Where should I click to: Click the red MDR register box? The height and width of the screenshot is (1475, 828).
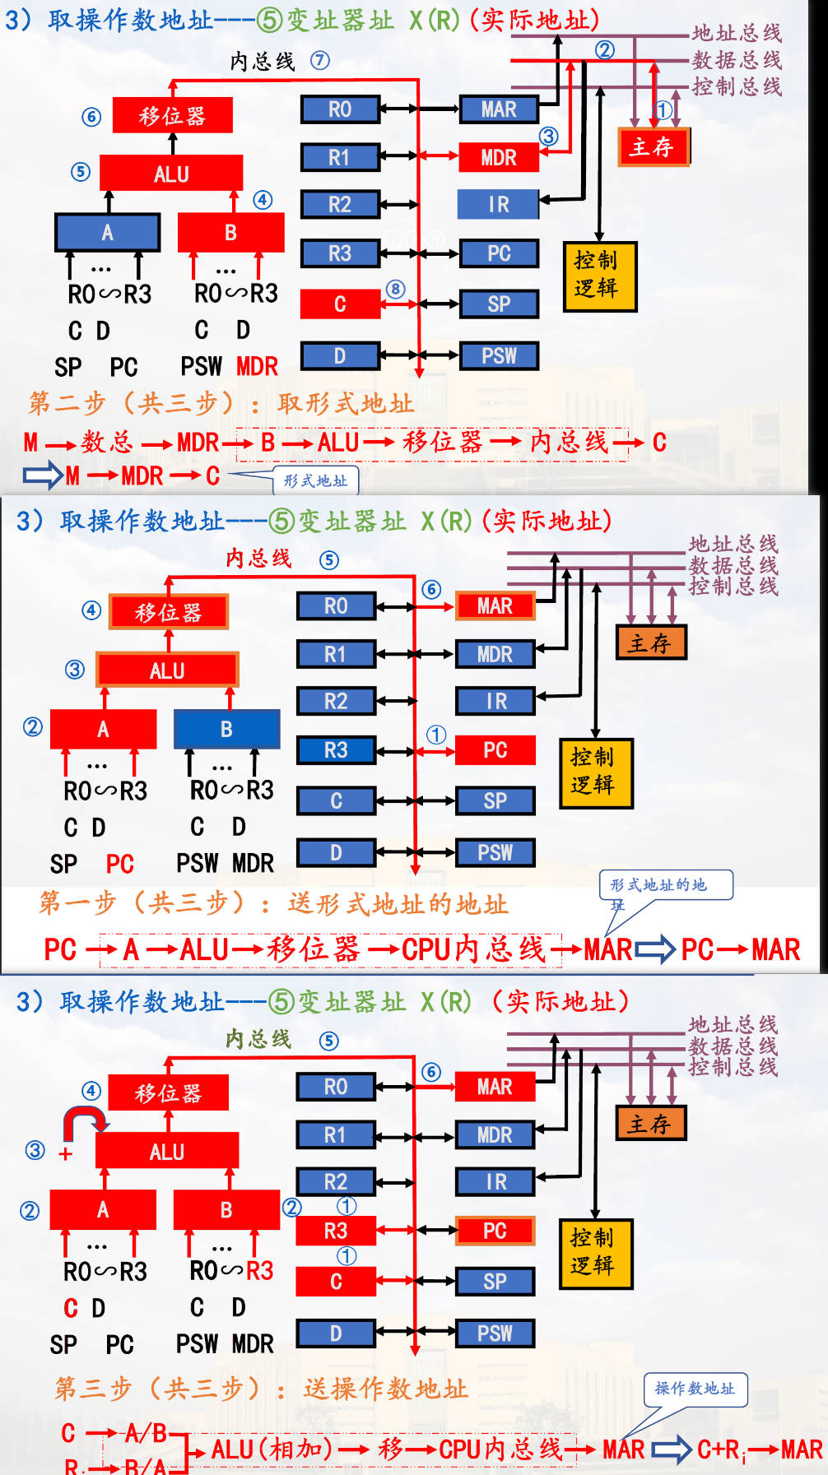click(498, 157)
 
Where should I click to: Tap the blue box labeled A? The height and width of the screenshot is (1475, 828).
click(107, 233)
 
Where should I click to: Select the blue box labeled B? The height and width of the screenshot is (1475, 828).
click(226, 730)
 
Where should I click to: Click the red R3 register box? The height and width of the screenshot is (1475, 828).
click(335, 1231)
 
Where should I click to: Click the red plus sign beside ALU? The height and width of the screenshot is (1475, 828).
click(66, 1153)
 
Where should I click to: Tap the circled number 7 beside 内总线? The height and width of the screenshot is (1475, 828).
click(320, 60)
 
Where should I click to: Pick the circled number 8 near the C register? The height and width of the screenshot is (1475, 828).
click(396, 289)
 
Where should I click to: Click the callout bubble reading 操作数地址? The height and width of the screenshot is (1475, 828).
click(695, 1389)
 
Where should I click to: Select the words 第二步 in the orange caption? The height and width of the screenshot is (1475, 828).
click(67, 403)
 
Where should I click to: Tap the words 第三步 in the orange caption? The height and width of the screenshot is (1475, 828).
click(92, 1389)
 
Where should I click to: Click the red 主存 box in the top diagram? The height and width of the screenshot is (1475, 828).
click(653, 147)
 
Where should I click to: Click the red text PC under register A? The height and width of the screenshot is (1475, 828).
click(119, 864)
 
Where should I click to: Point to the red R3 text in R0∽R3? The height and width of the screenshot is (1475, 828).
click(259, 1271)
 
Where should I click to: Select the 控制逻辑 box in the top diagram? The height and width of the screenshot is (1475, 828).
click(599, 276)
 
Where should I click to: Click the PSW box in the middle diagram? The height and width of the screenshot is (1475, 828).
click(495, 853)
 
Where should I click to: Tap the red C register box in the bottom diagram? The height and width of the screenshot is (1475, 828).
click(335, 1282)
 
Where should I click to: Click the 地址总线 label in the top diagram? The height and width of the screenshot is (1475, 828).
click(736, 33)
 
